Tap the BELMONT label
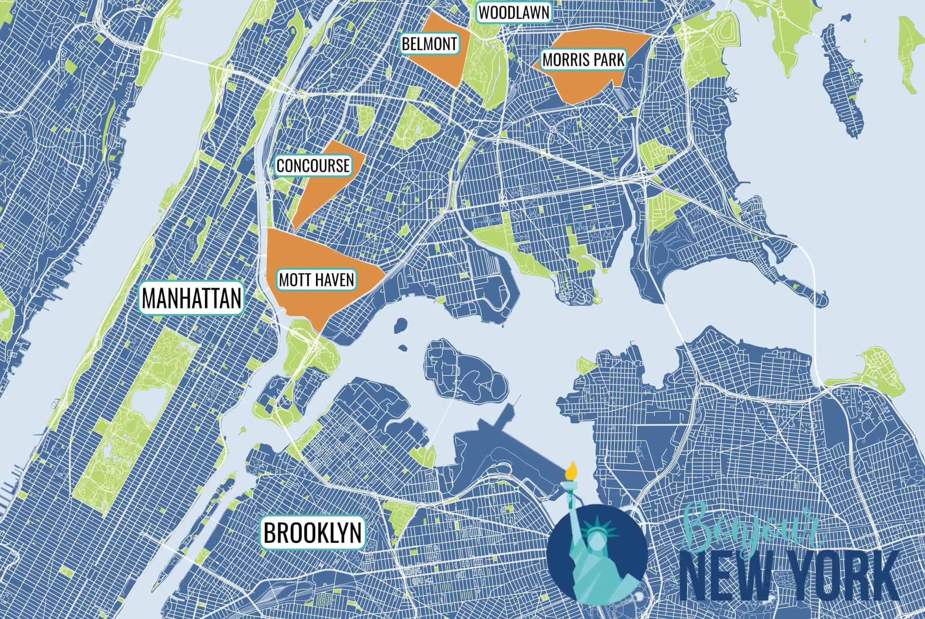tap(429, 44)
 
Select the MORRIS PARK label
tap(583, 60)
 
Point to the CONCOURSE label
tap(313, 165)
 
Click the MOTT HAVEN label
tap(316, 280)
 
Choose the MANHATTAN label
tap(192, 298)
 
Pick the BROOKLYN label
tap(313, 532)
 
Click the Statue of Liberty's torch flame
tap(572, 468)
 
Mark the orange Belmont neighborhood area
tap(438, 63)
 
